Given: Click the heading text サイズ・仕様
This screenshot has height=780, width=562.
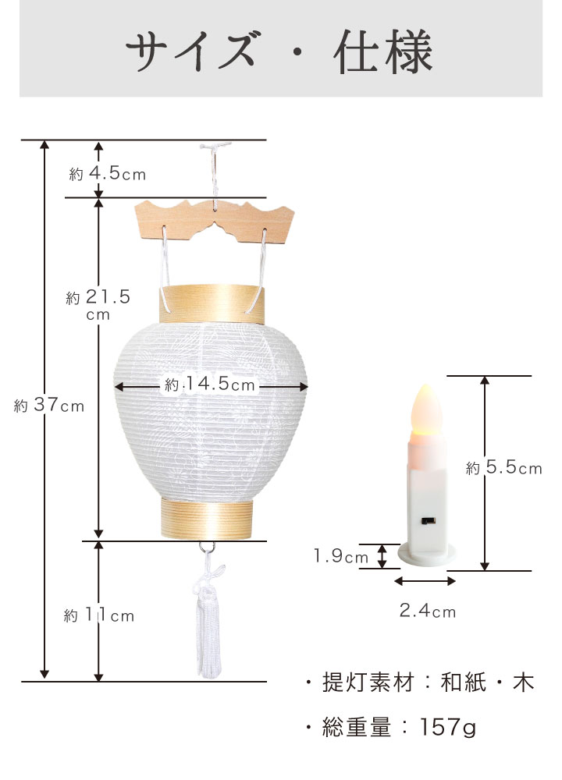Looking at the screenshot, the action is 279,51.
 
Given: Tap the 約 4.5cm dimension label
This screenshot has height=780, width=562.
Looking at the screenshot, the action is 108,173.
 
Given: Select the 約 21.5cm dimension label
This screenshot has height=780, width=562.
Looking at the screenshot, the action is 98,303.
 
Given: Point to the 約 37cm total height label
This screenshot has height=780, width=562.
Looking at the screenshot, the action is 48,405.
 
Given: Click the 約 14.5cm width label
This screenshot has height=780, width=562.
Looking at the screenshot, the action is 209,384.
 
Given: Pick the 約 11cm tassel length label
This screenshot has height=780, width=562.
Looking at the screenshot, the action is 99,615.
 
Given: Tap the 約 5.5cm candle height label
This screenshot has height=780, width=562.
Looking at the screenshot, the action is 503,467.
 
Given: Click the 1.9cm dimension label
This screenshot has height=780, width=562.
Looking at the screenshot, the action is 341,555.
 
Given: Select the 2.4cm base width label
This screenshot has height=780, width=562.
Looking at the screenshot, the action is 428,611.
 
